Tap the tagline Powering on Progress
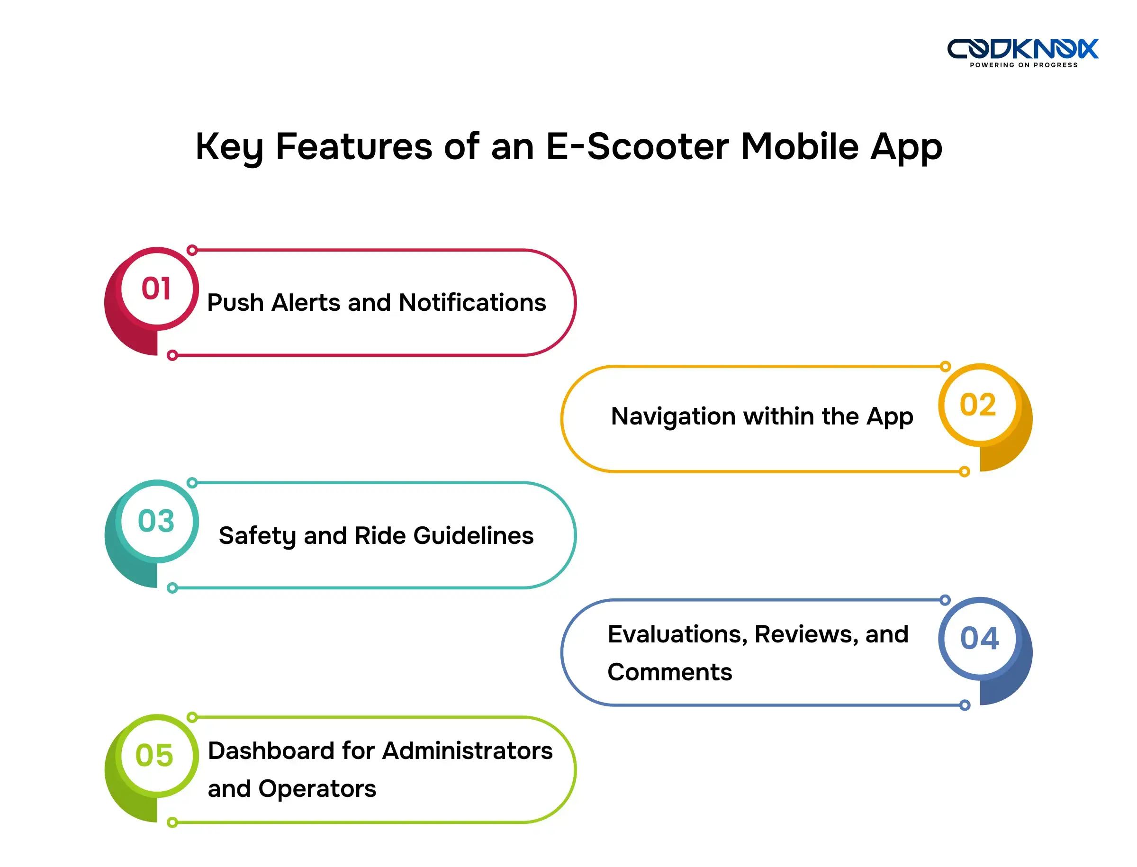click(x=1023, y=65)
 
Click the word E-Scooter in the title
click(x=637, y=146)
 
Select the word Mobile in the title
click(x=800, y=146)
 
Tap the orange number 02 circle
click(x=978, y=405)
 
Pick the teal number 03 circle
click(x=157, y=521)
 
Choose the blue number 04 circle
click(x=979, y=638)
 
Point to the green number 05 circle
click(x=155, y=755)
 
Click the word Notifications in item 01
click(x=472, y=302)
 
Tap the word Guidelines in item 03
click(x=473, y=535)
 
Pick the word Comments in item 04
click(x=669, y=672)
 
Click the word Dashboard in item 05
click(x=271, y=750)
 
